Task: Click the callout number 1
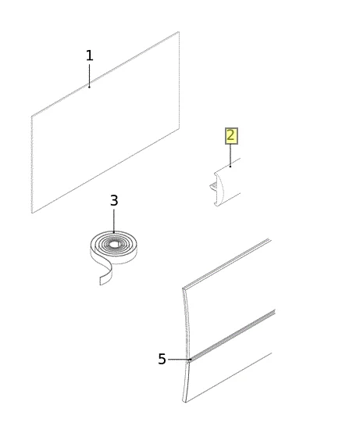pyautogui.click(x=89, y=56)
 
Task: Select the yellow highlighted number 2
pyautogui.click(x=231, y=136)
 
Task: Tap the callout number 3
pyautogui.click(x=114, y=200)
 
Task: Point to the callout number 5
pyautogui.click(x=162, y=359)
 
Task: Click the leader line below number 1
pyautogui.click(x=89, y=75)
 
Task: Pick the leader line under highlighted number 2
pyautogui.click(x=230, y=155)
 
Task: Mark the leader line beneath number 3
pyautogui.click(x=114, y=221)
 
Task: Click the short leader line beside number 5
pyautogui.click(x=179, y=360)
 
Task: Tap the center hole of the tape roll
pyautogui.click(x=115, y=243)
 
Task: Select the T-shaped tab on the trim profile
pyautogui.click(x=213, y=188)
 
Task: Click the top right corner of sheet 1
pyautogui.click(x=179, y=32)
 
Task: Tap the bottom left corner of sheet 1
pyautogui.click(x=32, y=213)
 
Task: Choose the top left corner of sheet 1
pyautogui.click(x=31, y=116)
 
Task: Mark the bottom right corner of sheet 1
pyautogui.click(x=179, y=128)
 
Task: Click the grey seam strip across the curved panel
pyautogui.click(x=233, y=336)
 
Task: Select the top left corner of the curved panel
pyautogui.click(x=183, y=288)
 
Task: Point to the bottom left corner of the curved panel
pyautogui.click(x=184, y=402)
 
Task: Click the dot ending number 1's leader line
pyautogui.click(x=89, y=87)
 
